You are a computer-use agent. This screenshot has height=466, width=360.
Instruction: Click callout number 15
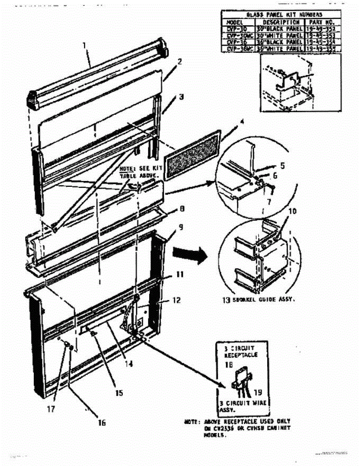(x=119, y=393)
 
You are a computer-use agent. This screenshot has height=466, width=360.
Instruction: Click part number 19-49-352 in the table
(x=320, y=29)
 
